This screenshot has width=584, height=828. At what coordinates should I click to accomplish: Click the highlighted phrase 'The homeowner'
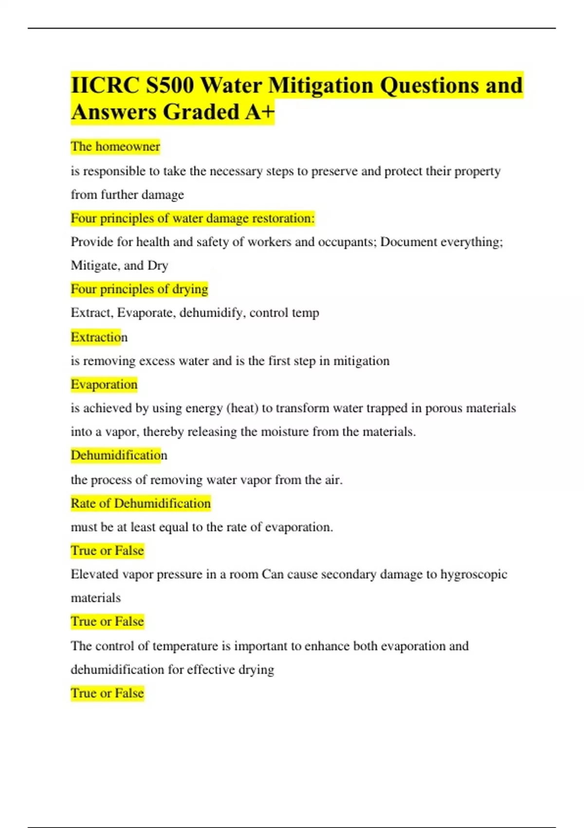115,146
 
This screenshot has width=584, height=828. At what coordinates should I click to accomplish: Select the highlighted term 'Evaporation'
104,384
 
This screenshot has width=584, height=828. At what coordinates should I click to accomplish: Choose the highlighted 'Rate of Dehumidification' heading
141,503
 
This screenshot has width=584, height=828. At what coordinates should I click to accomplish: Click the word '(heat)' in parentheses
242,408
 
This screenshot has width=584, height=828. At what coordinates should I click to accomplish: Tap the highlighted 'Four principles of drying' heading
139,289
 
